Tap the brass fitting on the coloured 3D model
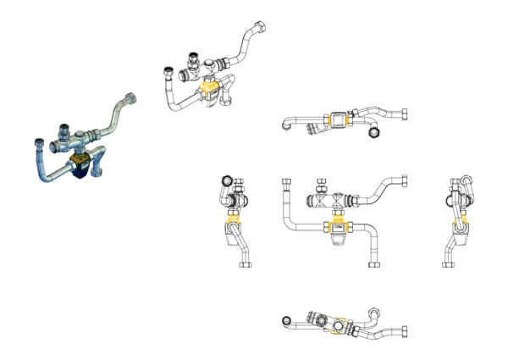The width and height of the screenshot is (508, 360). pos(81,157)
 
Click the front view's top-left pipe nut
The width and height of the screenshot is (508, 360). pos(285,182)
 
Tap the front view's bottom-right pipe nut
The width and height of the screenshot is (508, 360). pos(373,262)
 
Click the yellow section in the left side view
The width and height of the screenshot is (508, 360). pos(232,227)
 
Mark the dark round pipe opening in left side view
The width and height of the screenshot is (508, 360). pos(226,180)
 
